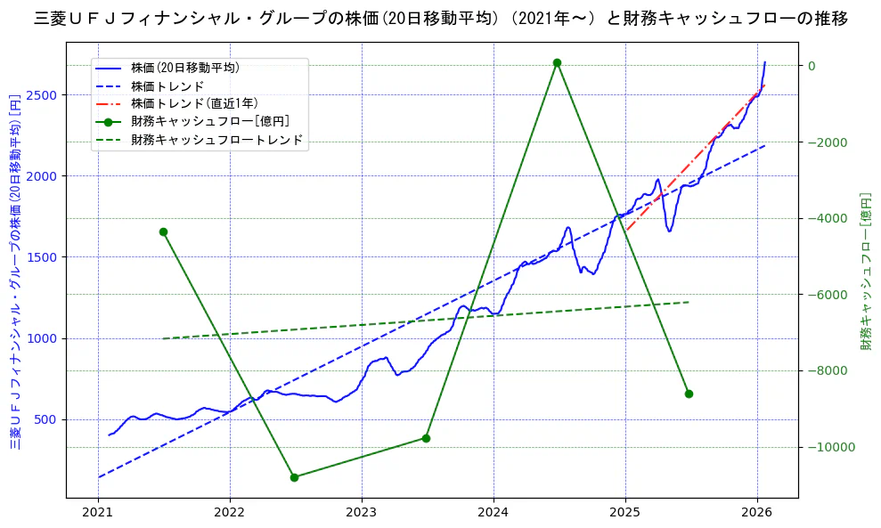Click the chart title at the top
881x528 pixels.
tap(440, 18)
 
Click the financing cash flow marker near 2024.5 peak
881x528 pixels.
tap(557, 63)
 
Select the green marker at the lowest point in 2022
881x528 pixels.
tap(294, 477)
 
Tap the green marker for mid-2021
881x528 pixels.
tap(163, 232)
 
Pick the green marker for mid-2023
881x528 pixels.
tap(426, 438)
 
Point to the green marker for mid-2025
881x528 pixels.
tap(689, 394)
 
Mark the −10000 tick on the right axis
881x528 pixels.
tap(830, 447)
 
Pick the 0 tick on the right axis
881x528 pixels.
tap(812, 66)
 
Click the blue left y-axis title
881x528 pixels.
tap(15, 272)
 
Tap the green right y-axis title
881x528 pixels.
tap(865, 272)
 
